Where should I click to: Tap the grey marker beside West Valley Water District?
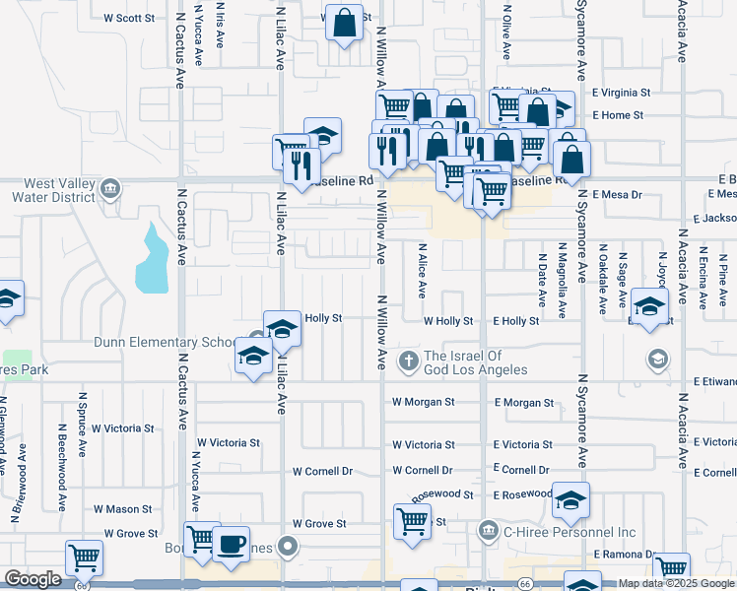point(109,188)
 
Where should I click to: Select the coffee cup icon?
point(231,545)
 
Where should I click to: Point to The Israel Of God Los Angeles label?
point(475,362)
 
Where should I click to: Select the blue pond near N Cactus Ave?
point(154,259)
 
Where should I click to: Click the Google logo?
point(33,580)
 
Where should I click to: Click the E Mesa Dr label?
point(617,195)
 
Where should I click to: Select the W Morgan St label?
point(423,402)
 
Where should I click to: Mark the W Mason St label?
point(123,509)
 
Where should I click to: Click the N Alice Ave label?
point(422,272)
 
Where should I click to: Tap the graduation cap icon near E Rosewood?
point(570,502)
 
